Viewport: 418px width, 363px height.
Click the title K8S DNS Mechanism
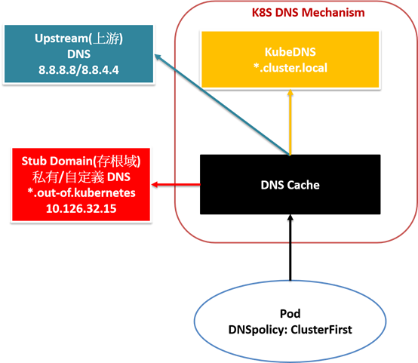(308, 13)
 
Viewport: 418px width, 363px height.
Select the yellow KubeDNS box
(290, 60)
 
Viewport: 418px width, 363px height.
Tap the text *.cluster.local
(290, 68)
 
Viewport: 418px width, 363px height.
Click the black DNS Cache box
(290, 184)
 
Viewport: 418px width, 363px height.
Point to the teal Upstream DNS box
(79, 54)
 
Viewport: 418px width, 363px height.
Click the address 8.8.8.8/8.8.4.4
(78, 70)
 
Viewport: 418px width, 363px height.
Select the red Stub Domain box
(81, 185)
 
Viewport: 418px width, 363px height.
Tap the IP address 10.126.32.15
(81, 208)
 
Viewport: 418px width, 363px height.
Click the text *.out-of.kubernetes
(81, 192)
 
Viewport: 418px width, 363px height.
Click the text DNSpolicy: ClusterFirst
(290, 330)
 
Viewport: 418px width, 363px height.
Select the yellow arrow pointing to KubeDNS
(290, 122)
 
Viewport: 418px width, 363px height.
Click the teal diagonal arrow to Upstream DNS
(223, 105)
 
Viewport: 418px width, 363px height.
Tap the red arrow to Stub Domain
(176, 184)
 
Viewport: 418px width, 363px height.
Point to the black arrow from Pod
(290, 248)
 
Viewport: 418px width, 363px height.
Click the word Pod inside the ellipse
(290, 314)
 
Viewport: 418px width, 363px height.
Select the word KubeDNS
(290, 52)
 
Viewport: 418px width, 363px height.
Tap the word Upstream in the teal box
(61, 38)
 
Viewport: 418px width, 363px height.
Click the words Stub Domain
(57, 161)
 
